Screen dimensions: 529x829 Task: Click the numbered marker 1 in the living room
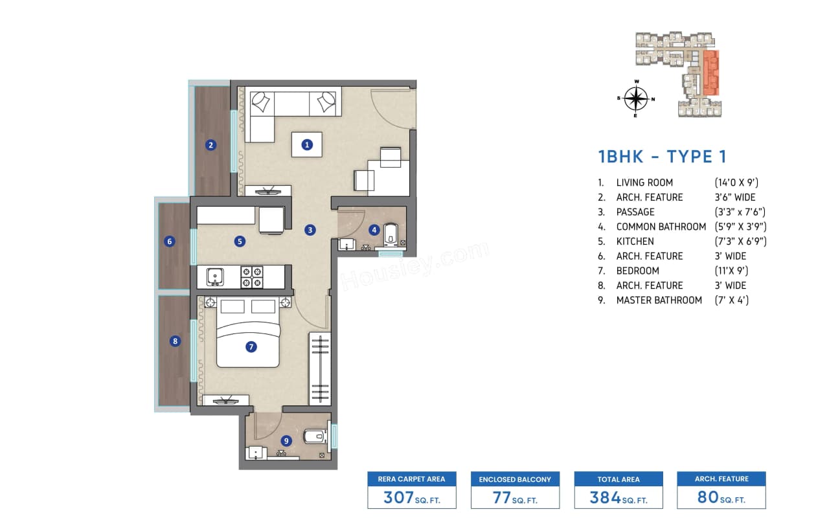[x=307, y=144]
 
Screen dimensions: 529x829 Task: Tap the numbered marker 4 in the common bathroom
[x=374, y=229]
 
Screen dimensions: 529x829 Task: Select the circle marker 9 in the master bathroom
[x=286, y=440]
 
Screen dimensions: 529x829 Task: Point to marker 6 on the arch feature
[x=170, y=242]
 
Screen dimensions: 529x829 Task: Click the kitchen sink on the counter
[x=214, y=277]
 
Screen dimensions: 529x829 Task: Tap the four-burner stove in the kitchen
[x=251, y=277]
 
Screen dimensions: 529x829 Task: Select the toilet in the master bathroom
[x=314, y=436]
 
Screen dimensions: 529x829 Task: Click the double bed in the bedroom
[x=248, y=333]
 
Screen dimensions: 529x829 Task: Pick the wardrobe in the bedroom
[x=319, y=368]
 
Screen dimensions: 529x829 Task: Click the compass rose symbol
[x=637, y=99]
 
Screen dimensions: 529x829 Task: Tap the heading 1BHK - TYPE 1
[x=662, y=157]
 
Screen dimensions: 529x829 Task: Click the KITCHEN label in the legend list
[x=635, y=242]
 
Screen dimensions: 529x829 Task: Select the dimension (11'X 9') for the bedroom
[x=731, y=271]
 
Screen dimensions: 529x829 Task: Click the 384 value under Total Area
[x=605, y=497]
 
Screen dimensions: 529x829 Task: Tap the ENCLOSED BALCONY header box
[x=515, y=479]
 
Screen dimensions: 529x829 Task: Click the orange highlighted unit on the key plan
[x=710, y=73]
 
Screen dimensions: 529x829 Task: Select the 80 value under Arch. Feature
[x=707, y=497]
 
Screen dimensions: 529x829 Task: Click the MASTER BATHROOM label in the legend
[x=659, y=300]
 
